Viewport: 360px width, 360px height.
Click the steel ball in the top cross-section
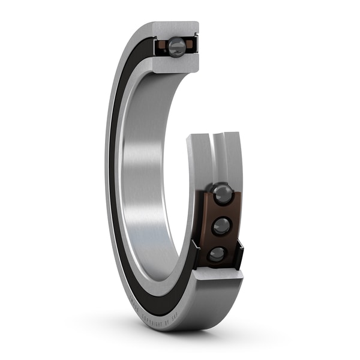176,47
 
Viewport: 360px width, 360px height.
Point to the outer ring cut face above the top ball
176,28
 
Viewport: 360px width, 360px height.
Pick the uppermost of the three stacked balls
223,194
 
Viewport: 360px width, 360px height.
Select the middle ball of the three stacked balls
221,226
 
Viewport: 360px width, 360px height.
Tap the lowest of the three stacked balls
217,254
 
